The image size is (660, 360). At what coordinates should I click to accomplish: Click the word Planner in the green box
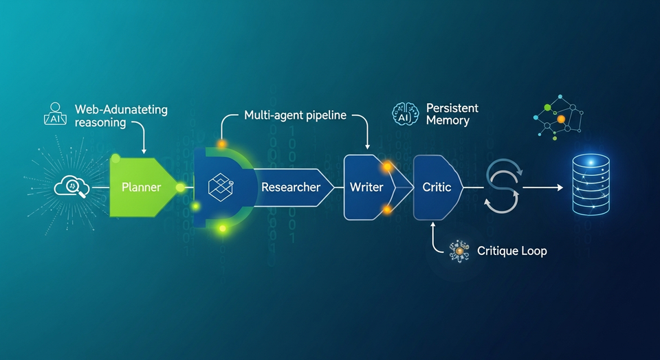[141, 187]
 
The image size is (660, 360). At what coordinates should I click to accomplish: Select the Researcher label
[291, 187]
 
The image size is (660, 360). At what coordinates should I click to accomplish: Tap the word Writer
[366, 187]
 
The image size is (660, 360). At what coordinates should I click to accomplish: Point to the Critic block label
[436, 187]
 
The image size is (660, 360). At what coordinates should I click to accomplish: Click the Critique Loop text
[511, 251]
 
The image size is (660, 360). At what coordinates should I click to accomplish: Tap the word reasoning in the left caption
[100, 123]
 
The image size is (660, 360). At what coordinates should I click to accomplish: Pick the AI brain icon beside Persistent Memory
[404, 114]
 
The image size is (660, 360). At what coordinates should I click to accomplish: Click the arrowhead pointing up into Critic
[433, 225]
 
